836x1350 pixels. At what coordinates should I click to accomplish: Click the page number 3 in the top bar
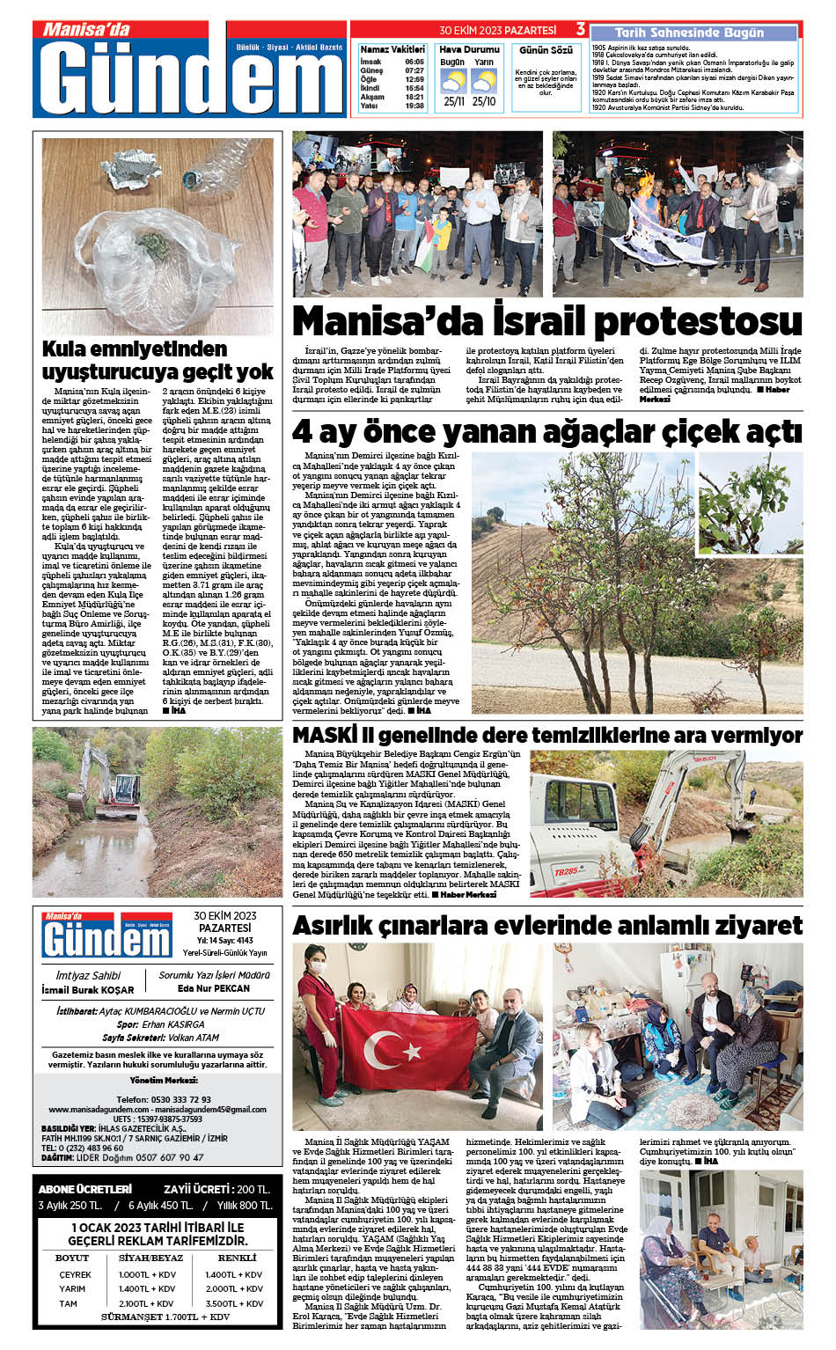pyautogui.click(x=580, y=30)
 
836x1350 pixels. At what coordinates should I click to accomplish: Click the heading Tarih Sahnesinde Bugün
pyautogui.click(x=689, y=33)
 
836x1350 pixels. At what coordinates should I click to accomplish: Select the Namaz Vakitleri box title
pyautogui.click(x=392, y=49)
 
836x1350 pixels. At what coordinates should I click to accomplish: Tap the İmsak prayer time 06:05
pyautogui.click(x=414, y=62)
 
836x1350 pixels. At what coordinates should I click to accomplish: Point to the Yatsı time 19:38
pyautogui.click(x=414, y=106)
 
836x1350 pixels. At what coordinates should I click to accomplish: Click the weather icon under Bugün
pyautogui.click(x=453, y=82)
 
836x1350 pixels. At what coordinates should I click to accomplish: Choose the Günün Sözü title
pyautogui.click(x=546, y=50)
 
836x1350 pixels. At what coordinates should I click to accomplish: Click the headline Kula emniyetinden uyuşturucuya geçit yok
pyautogui.click(x=158, y=360)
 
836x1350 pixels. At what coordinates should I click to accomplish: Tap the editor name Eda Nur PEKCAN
pyautogui.click(x=214, y=989)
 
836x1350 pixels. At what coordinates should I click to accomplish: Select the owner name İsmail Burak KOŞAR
pyautogui.click(x=88, y=990)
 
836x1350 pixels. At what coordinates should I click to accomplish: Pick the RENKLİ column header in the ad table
pyautogui.click(x=237, y=1258)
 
